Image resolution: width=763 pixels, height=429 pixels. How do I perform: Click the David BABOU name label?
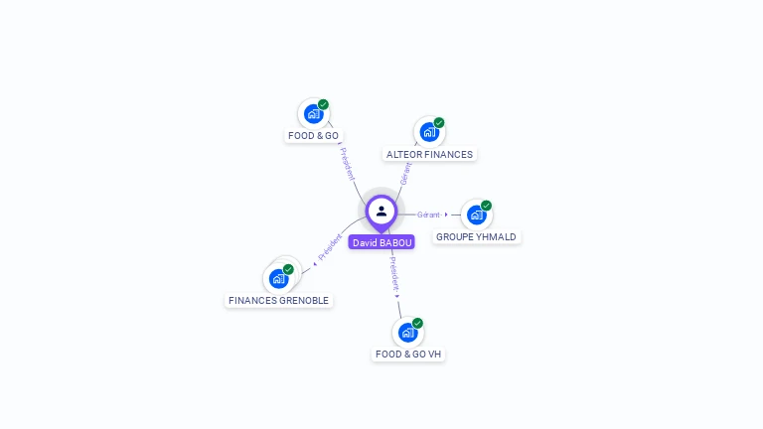click(381, 242)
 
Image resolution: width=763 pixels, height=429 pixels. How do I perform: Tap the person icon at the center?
click(381, 212)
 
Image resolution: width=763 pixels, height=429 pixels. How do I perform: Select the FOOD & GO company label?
click(313, 136)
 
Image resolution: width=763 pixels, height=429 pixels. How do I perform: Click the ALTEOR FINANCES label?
click(429, 154)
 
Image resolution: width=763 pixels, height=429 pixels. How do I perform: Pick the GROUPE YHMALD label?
click(477, 237)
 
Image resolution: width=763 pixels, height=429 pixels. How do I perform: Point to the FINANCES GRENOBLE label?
click(279, 301)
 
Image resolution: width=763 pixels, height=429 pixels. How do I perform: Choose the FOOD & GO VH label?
click(408, 355)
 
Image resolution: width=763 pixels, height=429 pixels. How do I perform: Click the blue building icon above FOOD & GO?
click(313, 114)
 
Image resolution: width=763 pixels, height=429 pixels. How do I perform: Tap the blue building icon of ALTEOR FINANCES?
click(429, 132)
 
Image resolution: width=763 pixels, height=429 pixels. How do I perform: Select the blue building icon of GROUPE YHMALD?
click(477, 214)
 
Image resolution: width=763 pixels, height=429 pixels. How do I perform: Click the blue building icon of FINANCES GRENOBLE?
click(279, 279)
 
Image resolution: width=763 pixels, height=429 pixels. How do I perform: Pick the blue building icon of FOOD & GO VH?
click(407, 333)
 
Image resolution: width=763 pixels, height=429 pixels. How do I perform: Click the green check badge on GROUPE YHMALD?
click(486, 206)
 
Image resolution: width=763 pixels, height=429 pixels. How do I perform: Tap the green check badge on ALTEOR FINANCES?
click(439, 122)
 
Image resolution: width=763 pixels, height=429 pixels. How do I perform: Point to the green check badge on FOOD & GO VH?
click(417, 323)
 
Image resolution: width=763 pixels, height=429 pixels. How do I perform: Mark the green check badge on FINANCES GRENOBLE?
click(288, 269)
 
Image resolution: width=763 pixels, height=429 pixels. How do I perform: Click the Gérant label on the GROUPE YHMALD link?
click(428, 214)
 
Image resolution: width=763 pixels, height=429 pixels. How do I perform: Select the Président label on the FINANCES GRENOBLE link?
click(330, 247)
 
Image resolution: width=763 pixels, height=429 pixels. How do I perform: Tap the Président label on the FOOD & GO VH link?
click(394, 274)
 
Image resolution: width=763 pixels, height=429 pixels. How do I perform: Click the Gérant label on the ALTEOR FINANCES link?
click(405, 174)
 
